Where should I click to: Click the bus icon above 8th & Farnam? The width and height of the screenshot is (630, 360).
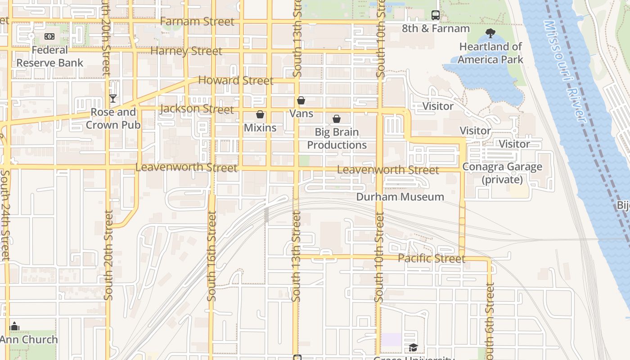pyautogui.click(x=435, y=15)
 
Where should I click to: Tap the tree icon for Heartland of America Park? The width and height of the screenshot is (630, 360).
pyautogui.click(x=490, y=33)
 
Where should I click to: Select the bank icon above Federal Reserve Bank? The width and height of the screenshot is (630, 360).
pyautogui.click(x=49, y=36)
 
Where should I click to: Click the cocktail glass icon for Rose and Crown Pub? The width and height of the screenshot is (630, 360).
pyautogui.click(x=113, y=99)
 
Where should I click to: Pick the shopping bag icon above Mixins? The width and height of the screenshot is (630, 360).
pyautogui.click(x=260, y=114)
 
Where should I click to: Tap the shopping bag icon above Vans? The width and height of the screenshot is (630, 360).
pyautogui.click(x=301, y=100)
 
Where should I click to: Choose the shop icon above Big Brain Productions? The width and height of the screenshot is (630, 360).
pyautogui.click(x=337, y=119)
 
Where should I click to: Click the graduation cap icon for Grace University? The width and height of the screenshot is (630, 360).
pyautogui.click(x=413, y=347)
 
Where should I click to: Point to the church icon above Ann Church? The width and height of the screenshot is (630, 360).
pyautogui.click(x=14, y=326)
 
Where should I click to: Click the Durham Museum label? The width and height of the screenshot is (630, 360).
pyautogui.click(x=400, y=197)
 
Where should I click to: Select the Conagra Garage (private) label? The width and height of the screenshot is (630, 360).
pyautogui.click(x=502, y=173)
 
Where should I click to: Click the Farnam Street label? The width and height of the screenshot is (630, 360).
pyautogui.click(x=197, y=22)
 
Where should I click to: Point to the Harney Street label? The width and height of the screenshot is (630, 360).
pyautogui.click(x=186, y=51)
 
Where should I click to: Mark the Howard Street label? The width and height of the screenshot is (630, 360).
pyautogui.click(x=236, y=81)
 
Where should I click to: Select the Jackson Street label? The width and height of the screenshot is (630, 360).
pyautogui.click(x=197, y=109)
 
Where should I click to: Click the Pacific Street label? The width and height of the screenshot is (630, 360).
pyautogui.click(x=431, y=259)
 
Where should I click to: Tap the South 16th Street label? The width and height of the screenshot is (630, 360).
pyautogui.click(x=211, y=256)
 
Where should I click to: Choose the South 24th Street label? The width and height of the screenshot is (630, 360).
pyautogui.click(x=5, y=215)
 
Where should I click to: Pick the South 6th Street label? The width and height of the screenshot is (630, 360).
pyautogui.click(x=490, y=319)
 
